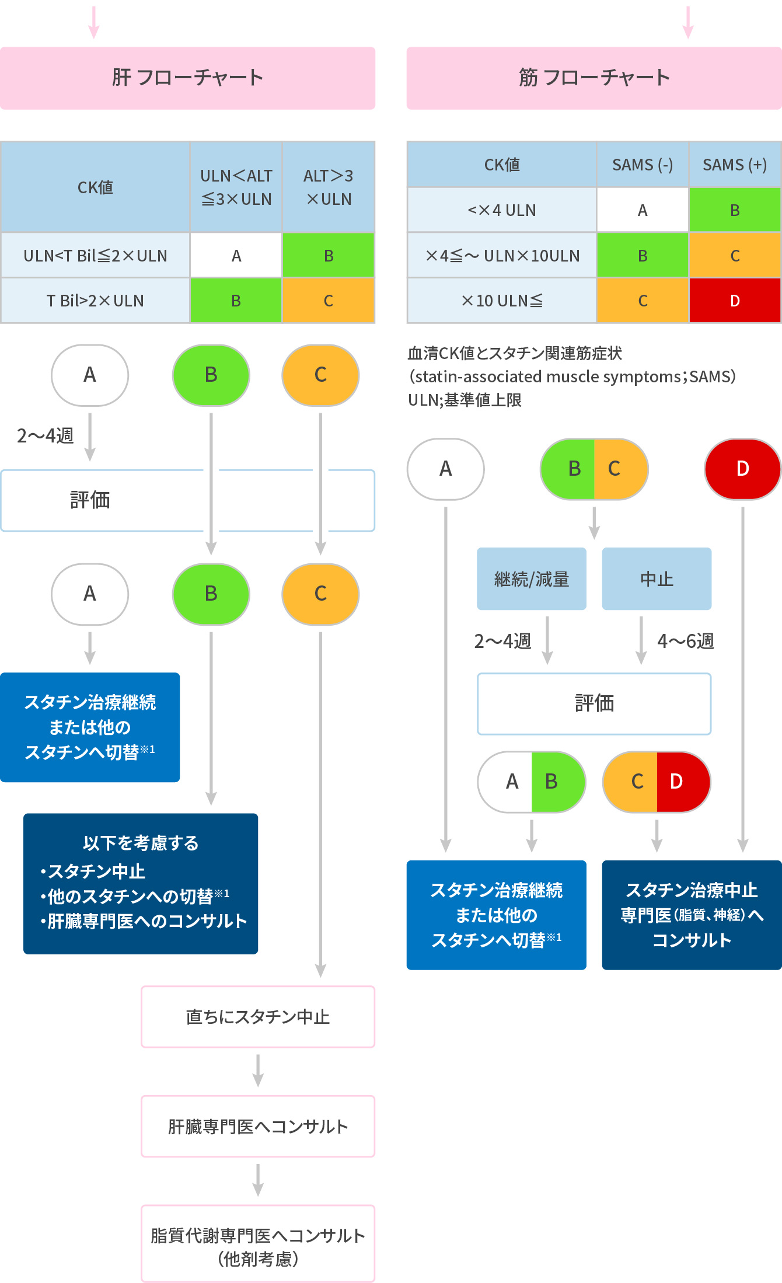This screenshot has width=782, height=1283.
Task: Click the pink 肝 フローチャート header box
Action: (187, 78)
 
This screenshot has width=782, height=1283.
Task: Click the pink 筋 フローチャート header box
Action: (594, 78)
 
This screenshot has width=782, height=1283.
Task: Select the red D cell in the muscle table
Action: (735, 301)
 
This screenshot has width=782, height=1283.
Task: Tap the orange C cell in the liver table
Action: (329, 301)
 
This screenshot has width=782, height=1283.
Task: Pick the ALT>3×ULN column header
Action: (329, 187)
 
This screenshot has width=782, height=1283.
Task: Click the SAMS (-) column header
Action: (643, 165)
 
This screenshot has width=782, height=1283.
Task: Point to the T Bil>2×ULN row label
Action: (95, 301)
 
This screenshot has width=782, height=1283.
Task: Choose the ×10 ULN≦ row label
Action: (502, 301)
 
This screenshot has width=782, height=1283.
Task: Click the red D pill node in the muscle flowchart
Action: (742, 469)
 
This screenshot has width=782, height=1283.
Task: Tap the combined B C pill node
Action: (594, 469)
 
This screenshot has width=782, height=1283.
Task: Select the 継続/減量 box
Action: (532, 579)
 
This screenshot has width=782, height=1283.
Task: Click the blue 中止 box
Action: (657, 579)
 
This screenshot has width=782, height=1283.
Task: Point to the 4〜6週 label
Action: (686, 641)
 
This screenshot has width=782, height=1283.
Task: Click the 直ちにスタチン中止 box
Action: (258, 1017)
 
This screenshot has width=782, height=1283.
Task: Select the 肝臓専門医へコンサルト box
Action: (258, 1126)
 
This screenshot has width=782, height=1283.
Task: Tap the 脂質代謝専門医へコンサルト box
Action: (258, 1243)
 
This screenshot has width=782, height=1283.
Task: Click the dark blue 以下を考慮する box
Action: (141, 883)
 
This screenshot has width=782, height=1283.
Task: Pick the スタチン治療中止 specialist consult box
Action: (692, 915)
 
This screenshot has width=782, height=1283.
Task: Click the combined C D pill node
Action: (657, 782)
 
